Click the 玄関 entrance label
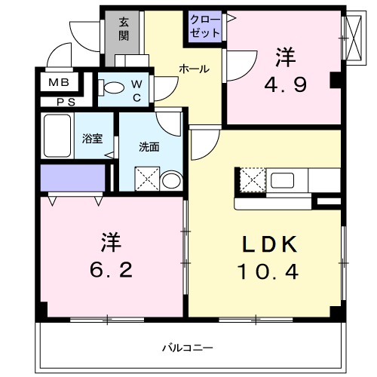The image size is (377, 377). coord(123,29)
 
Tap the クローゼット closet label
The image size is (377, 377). coord(205,27)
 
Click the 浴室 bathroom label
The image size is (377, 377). coord(93,139)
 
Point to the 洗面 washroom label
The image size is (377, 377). coord(149,146)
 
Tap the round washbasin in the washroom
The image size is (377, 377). coord(171,179)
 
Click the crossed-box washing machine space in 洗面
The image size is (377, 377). coord(146,179)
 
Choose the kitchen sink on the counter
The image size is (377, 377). coord(284,180)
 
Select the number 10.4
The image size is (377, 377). coord(268,269)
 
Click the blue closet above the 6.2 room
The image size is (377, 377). coord(72,178)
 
